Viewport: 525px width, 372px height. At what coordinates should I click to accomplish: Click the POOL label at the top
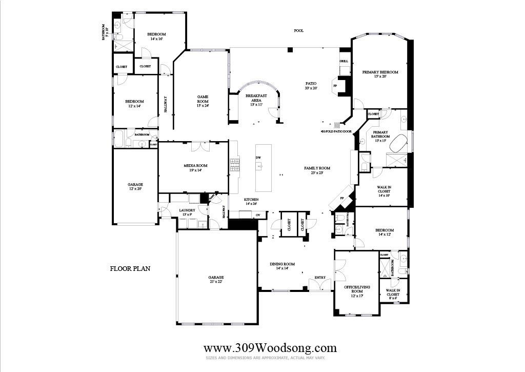click(298, 31)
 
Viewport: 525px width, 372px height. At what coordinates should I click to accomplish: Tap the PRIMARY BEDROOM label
click(380, 72)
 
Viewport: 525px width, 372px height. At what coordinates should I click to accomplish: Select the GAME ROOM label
click(202, 99)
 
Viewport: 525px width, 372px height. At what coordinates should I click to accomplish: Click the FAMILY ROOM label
click(317, 168)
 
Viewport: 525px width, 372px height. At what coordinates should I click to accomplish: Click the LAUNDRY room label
click(187, 210)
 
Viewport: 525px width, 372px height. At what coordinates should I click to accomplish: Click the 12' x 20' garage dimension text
click(135, 189)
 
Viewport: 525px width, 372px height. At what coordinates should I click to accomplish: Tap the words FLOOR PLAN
click(130, 268)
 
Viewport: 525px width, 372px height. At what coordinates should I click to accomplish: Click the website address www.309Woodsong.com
click(270, 348)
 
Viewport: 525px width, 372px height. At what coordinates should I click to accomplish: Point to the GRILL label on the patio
click(344, 62)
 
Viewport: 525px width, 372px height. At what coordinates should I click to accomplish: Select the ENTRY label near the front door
click(320, 278)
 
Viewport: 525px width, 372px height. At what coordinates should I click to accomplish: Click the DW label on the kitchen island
click(258, 158)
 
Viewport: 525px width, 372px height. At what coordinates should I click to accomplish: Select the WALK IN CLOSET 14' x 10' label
click(383, 191)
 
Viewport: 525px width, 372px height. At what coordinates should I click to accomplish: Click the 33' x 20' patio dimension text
click(311, 88)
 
